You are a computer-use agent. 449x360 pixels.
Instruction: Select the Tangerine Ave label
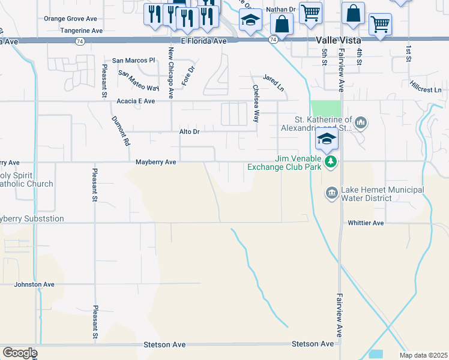82,30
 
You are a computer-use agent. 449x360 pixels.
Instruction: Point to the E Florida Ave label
197,41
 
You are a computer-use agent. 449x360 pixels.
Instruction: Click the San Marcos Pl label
134,61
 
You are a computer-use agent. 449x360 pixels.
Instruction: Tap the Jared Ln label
273,83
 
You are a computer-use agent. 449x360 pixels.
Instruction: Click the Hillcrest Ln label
426,86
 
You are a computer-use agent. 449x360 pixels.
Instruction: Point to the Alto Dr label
188,131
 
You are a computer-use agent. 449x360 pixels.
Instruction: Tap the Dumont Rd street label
121,131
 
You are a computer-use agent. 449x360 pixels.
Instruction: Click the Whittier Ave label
366,223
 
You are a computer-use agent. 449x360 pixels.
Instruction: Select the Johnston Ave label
34,284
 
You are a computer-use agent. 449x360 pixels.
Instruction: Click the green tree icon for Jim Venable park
330,161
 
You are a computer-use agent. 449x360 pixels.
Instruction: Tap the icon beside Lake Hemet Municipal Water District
331,193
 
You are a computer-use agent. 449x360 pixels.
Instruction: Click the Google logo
20,353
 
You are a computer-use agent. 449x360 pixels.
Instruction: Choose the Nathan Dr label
281,10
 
